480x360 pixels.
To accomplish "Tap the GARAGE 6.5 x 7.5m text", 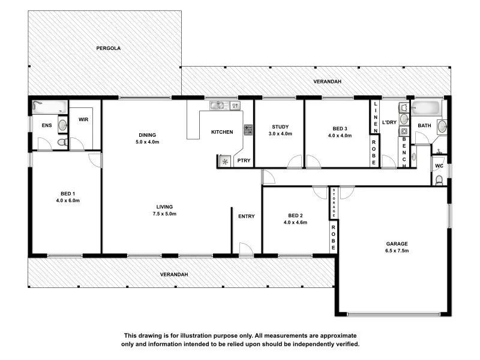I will (x=397, y=247).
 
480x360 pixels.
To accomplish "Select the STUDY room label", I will (x=280, y=127).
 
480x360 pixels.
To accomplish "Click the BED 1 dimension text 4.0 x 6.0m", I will (x=68, y=200).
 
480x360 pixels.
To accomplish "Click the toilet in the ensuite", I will (x=61, y=142).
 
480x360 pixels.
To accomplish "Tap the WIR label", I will (x=83, y=119).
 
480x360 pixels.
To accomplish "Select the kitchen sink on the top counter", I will (x=217, y=106).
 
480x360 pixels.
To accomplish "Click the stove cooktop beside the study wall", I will (x=247, y=129).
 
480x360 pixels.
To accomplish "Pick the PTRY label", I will (x=244, y=160).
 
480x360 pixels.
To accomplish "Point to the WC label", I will (x=439, y=166).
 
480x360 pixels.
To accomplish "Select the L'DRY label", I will (x=389, y=122).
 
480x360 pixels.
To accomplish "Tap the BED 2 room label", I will (x=295, y=215).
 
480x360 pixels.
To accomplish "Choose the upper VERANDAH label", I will (x=327, y=82).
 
